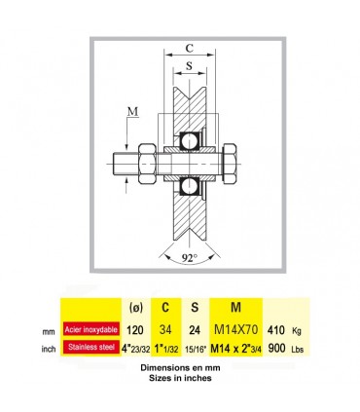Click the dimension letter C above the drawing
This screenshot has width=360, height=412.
pos(190,48)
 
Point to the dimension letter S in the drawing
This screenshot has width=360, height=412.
pos(189,65)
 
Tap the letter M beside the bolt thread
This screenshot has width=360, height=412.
pos(132,112)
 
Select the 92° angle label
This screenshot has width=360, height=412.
pos(189,258)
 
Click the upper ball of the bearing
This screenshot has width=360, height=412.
pos(189,141)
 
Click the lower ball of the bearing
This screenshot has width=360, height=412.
pos(189,186)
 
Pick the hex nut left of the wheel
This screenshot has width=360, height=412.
pos(148,164)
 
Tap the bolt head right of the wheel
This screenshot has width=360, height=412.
pos(230,164)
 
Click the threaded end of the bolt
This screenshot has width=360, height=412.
pos(126,164)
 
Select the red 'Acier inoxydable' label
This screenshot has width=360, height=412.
pos(90,329)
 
